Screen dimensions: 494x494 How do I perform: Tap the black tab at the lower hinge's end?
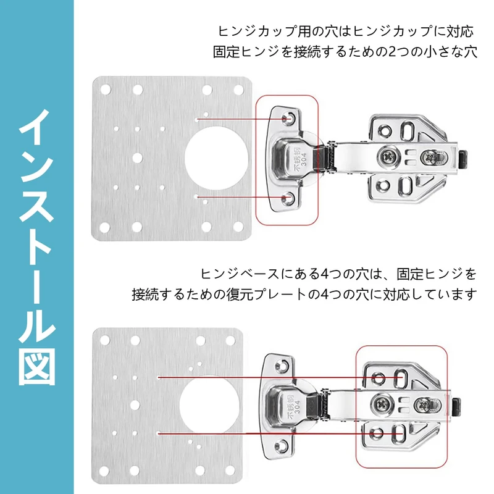click(x=458, y=404)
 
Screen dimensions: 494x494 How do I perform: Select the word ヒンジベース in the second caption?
click(x=232, y=273)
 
